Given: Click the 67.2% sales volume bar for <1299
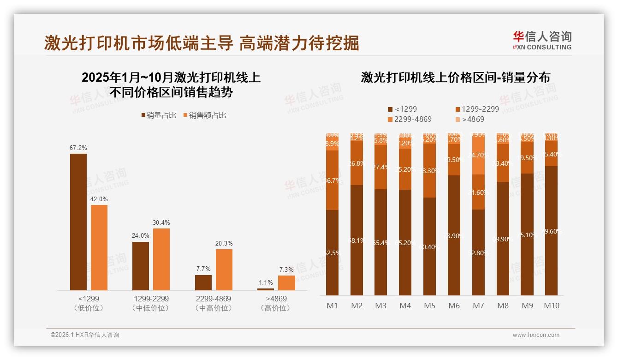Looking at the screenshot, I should pyautogui.click(x=78, y=222).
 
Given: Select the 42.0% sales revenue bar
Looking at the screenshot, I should pyautogui.click(x=99, y=247).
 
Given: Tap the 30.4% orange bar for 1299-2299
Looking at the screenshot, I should pyautogui.click(x=161, y=259).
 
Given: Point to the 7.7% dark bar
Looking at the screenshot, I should pyautogui.click(x=203, y=282).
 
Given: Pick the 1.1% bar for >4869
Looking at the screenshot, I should pyautogui.click(x=266, y=289).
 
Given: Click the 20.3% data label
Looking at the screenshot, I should pyautogui.click(x=224, y=243).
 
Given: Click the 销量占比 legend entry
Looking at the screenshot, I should pyautogui.click(x=159, y=115).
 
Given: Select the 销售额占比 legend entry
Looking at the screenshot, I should pyautogui.click(x=205, y=115).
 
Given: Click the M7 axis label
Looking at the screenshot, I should pyautogui.click(x=478, y=306).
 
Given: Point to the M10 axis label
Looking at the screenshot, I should pyautogui.click(x=551, y=306).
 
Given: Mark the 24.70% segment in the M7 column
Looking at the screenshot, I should pyautogui.click(x=478, y=155).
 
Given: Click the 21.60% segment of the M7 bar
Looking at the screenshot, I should pyautogui.click(x=478, y=192).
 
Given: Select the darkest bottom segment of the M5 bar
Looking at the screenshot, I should pyautogui.click(x=429, y=246).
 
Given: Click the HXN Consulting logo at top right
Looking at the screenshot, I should pyautogui.click(x=542, y=41).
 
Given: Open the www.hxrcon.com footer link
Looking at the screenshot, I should pyautogui.click(x=536, y=335).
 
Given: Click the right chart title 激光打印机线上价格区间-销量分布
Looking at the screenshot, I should pyautogui.click(x=455, y=78).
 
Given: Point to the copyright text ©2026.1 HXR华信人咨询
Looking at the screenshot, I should pyautogui.click(x=85, y=335).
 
